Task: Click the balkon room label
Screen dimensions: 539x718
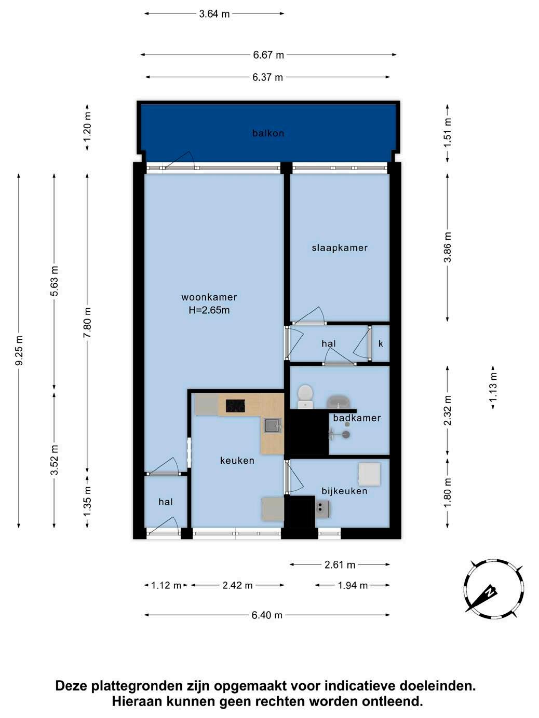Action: (268, 133)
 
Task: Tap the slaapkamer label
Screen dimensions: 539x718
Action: (340, 248)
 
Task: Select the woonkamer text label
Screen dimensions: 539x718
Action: (209, 297)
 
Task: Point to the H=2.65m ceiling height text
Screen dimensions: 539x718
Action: (209, 310)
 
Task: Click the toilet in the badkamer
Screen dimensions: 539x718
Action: (305, 396)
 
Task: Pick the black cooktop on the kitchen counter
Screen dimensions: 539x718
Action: (235, 406)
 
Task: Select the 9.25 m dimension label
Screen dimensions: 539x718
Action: (19, 350)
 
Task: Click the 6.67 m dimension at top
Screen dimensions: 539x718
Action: (268, 55)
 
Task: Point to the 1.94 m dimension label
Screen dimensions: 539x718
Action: (353, 585)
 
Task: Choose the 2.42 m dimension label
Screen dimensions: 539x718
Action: (238, 585)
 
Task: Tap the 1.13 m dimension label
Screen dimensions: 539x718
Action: (493, 388)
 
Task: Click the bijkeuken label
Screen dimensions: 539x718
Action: (344, 491)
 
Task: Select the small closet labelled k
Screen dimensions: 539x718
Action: (380, 343)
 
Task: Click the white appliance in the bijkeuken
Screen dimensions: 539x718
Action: (370, 474)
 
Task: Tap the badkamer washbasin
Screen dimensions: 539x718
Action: (338, 402)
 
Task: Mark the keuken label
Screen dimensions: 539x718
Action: (237, 461)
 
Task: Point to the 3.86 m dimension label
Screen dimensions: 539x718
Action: (448, 247)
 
